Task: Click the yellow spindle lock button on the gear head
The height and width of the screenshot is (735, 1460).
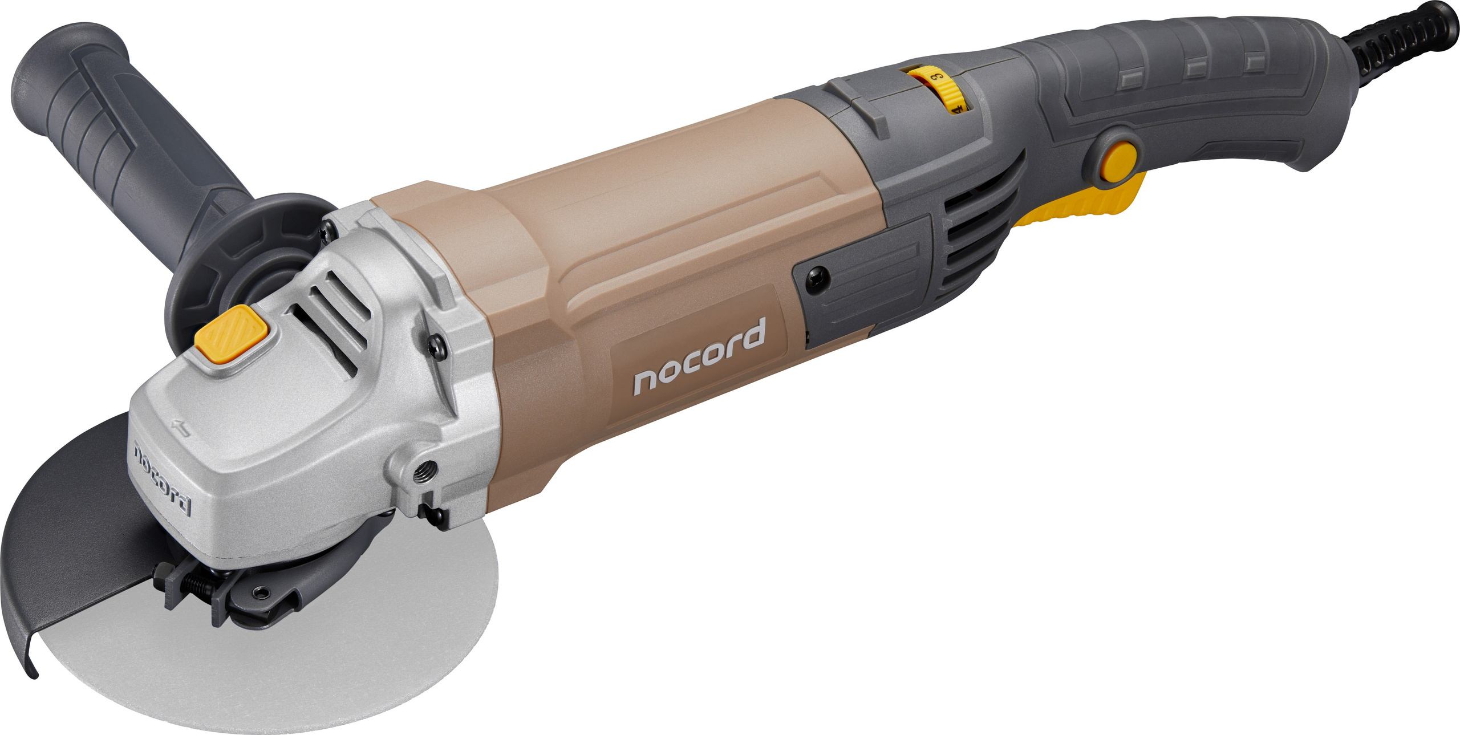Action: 231,334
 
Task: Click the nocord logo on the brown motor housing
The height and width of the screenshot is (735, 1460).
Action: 699,358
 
